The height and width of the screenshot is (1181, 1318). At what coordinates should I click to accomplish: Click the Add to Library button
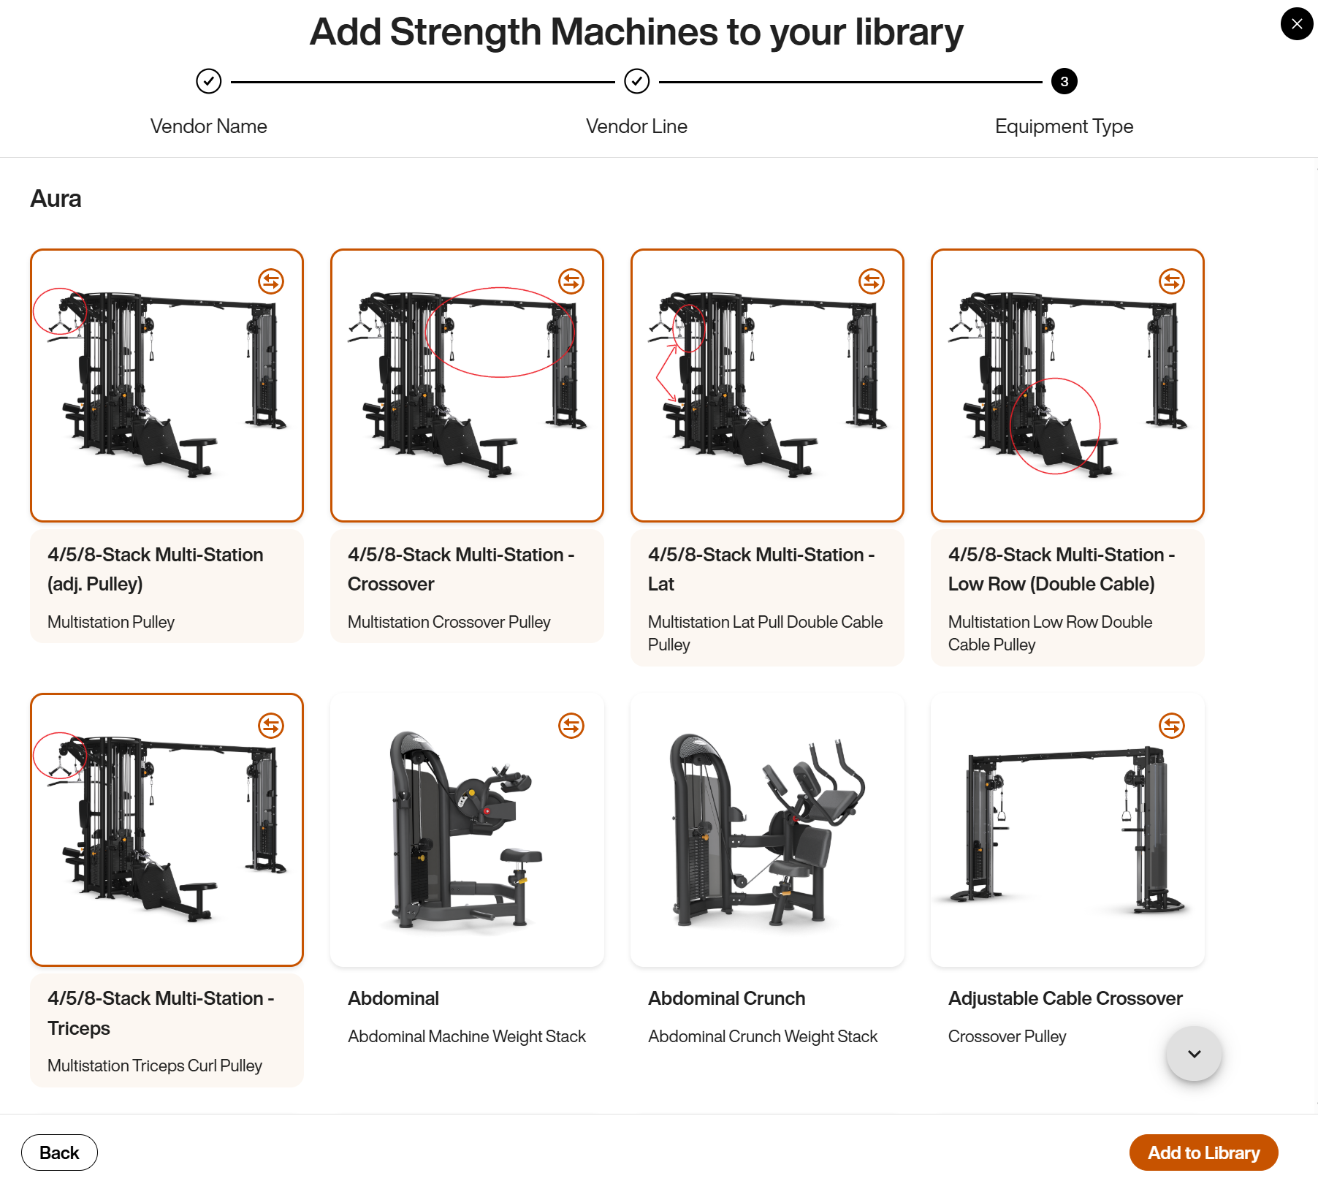tap(1203, 1152)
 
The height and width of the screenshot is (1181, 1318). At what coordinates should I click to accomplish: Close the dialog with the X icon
tap(1297, 24)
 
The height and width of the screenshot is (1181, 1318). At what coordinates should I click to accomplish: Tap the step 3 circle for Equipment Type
tap(1064, 82)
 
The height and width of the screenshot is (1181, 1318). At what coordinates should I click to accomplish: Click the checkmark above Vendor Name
tap(209, 81)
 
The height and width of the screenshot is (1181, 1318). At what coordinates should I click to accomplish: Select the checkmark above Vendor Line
tap(636, 81)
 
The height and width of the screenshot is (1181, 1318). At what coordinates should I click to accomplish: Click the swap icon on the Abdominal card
tap(571, 726)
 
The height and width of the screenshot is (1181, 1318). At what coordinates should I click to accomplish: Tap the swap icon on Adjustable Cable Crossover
tap(1171, 726)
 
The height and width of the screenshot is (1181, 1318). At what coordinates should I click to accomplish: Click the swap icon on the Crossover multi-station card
tap(571, 281)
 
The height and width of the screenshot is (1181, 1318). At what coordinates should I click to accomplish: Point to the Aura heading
tap(56, 199)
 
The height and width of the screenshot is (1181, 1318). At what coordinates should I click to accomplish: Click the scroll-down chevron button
tap(1194, 1054)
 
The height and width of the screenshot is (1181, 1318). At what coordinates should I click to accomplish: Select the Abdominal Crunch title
tap(726, 998)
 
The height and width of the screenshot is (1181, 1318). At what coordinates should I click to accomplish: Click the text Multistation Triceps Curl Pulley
tap(154, 1066)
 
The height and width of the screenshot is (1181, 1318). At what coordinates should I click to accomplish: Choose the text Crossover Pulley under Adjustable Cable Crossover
tap(1007, 1036)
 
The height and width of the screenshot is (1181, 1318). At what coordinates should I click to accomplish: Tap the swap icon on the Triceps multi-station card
tap(271, 726)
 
